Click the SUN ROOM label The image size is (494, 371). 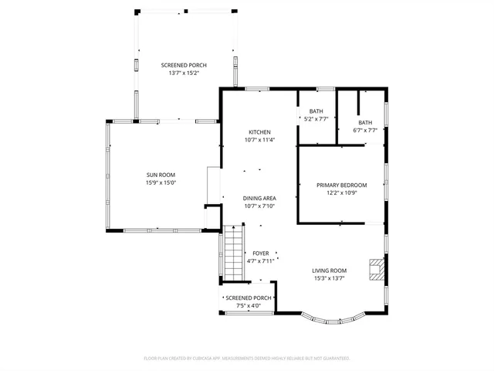[161, 175]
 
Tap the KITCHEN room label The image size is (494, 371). [259, 132]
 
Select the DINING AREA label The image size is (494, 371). [259, 199]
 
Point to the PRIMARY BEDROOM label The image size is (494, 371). [341, 185]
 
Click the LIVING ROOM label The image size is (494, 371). [329, 271]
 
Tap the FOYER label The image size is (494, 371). [260, 254]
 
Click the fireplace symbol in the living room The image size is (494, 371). [375, 271]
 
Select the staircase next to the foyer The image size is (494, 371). [234, 254]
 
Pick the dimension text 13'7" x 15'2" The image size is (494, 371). [184, 73]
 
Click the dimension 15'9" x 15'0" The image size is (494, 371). [161, 182]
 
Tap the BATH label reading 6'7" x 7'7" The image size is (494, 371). [364, 127]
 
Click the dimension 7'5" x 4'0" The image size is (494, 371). [249, 305]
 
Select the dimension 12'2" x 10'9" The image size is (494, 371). [341, 193]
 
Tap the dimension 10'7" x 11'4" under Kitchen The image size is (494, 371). [259, 140]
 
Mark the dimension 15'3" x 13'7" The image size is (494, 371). [329, 278]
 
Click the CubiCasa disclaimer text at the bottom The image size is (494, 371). [247, 358]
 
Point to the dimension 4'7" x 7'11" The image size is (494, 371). [260, 261]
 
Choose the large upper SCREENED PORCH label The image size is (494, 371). [184, 65]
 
